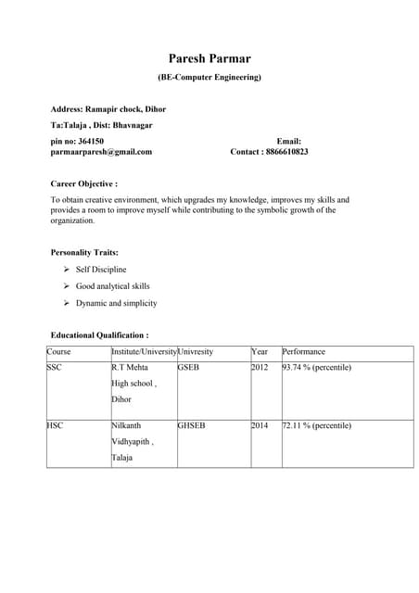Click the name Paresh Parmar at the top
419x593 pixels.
pos(209,58)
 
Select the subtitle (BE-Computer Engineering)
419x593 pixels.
pos(209,77)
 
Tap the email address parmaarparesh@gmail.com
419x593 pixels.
pos(101,151)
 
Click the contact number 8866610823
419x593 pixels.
pos(283,151)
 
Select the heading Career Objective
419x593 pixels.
pos(83,183)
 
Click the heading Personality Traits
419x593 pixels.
pos(83,252)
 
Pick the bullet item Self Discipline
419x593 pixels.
pos(101,270)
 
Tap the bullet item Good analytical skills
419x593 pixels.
pos(112,286)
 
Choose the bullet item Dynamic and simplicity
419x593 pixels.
pos(116,303)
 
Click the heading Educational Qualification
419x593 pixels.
pos(99,334)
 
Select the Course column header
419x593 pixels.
pos(58,352)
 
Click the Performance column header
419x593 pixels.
pos(304,352)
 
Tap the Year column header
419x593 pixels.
pos(260,352)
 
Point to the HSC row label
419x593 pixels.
pos(56,425)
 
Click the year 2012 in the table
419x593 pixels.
pos(260,368)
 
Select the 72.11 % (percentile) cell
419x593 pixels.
pos(317,425)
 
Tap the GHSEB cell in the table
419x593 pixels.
pos(192,425)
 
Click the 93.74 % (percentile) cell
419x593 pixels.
pos(317,368)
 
